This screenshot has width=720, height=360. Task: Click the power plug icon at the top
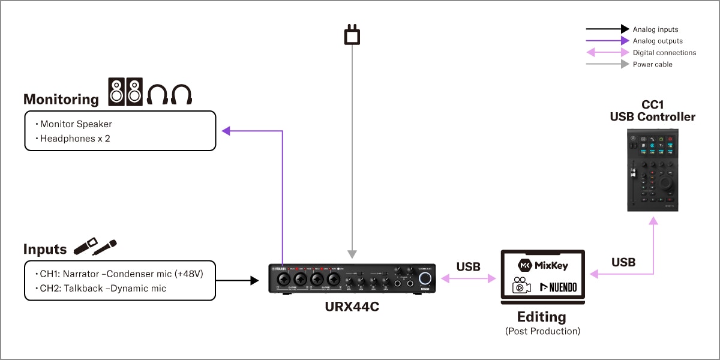click(x=352, y=35)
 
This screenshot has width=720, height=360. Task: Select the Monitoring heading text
click(x=61, y=100)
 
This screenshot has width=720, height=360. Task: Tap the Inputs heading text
click(x=45, y=249)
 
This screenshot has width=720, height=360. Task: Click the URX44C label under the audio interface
click(x=352, y=307)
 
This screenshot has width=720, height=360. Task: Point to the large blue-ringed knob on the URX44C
click(x=425, y=278)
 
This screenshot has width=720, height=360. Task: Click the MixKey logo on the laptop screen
click(x=542, y=265)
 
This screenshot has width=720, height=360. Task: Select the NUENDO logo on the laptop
click(x=559, y=287)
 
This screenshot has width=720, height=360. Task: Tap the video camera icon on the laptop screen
click(x=521, y=286)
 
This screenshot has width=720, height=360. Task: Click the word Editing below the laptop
click(x=542, y=317)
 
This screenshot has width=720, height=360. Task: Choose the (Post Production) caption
click(x=542, y=331)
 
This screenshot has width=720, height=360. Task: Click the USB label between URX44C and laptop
click(x=468, y=266)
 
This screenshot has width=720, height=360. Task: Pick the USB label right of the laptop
click(x=623, y=262)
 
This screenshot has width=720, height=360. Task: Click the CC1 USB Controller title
click(x=652, y=111)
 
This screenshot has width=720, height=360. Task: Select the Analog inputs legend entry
click(x=655, y=29)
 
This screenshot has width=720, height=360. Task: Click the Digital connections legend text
click(x=664, y=52)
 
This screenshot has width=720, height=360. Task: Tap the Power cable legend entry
click(x=652, y=64)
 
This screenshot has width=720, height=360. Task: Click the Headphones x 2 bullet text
click(x=75, y=139)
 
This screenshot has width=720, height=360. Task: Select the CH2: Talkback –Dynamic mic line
click(x=103, y=289)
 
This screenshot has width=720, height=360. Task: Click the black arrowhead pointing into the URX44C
click(x=254, y=280)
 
